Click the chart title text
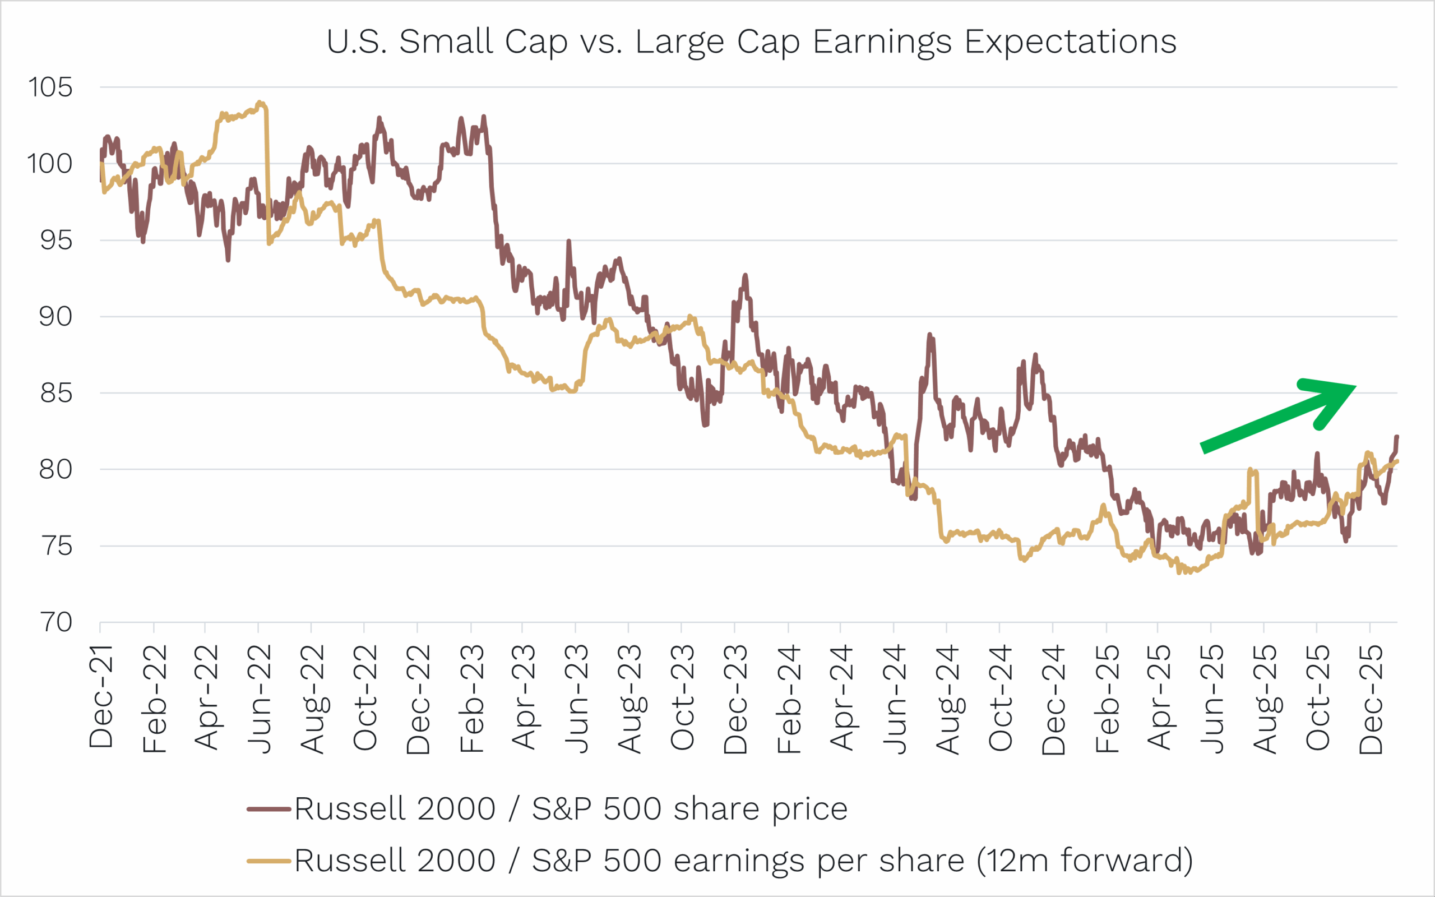[751, 42]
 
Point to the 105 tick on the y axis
[50, 87]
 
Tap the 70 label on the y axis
[55, 622]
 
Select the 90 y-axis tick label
[55, 316]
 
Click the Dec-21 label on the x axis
[101, 696]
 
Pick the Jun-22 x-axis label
[259, 699]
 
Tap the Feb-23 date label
[471, 699]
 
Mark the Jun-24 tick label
[894, 699]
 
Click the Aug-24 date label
[947, 699]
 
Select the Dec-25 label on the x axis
[1371, 699]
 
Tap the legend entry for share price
[571, 808]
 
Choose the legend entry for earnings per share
[743, 860]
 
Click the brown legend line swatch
[269, 808]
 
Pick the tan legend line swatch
[269, 860]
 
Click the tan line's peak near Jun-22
[260, 103]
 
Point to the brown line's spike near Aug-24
[930, 335]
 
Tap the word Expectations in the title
[1070, 42]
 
